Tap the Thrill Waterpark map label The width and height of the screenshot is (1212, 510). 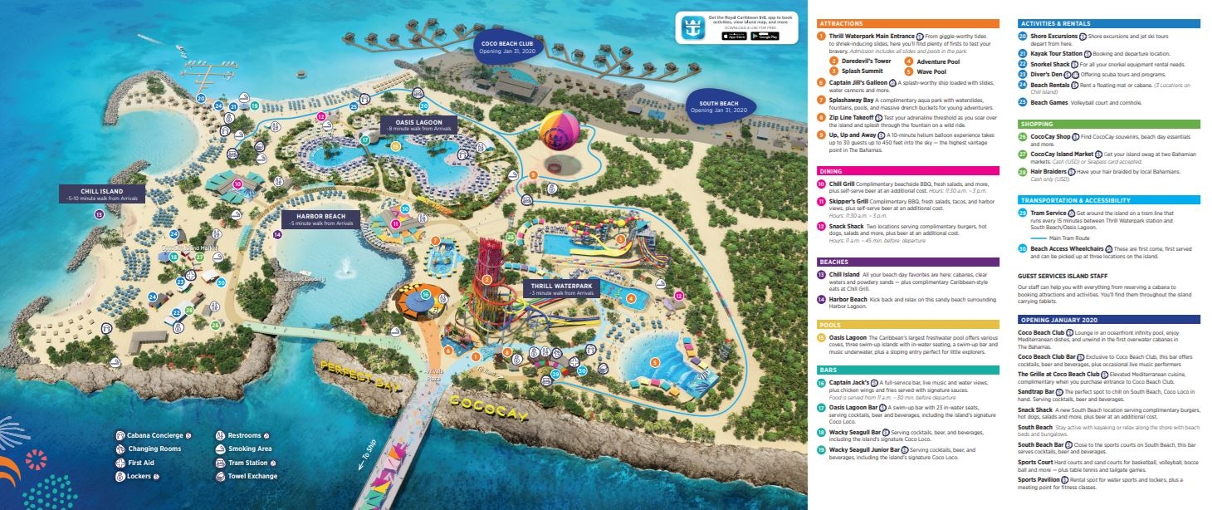pos(560,289)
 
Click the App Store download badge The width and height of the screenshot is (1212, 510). pos(733,36)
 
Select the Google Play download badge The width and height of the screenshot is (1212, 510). pos(765,36)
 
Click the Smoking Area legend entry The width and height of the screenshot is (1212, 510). pos(247,449)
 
